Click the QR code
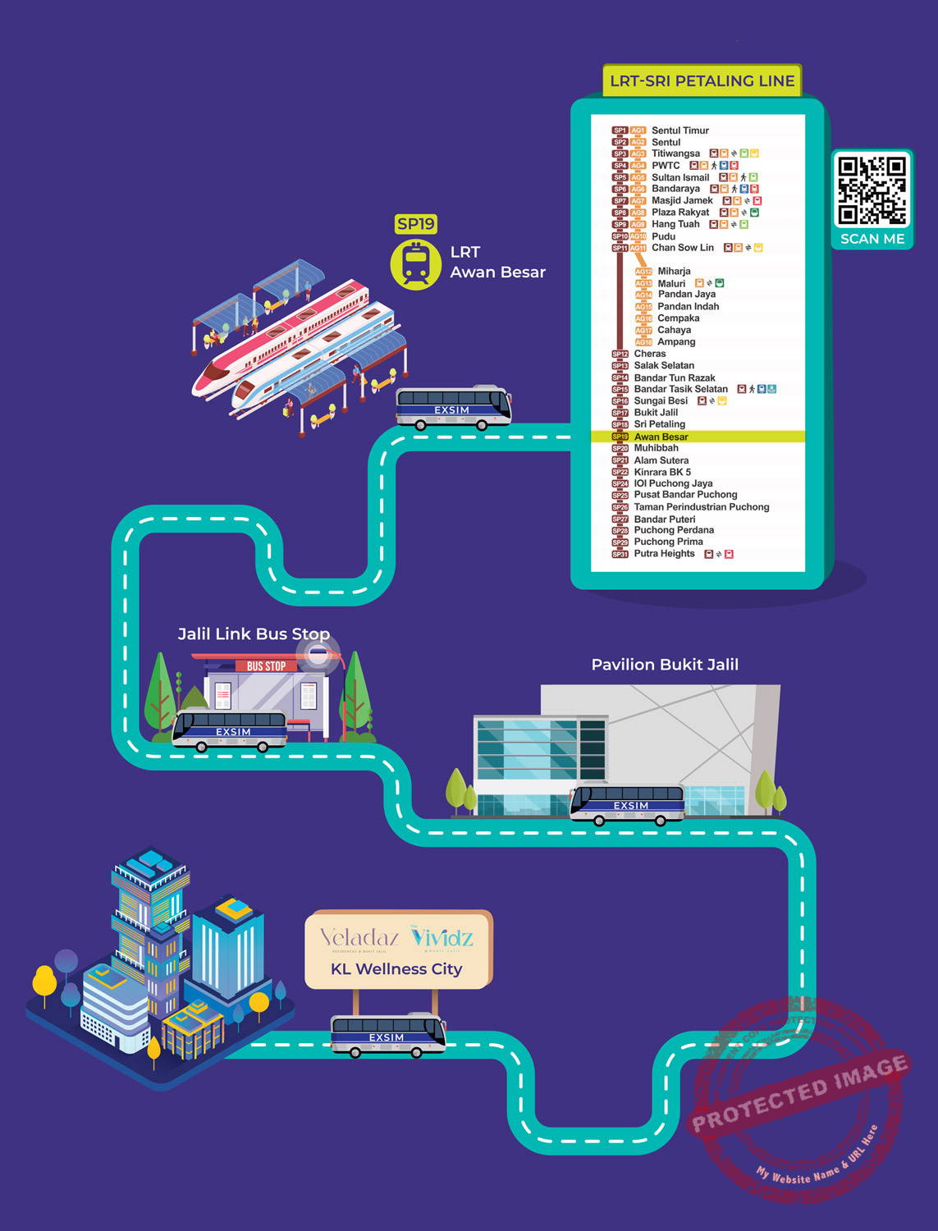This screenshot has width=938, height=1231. tap(872, 190)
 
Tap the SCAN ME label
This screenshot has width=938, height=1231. tap(872, 239)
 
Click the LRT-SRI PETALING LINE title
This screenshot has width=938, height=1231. tap(702, 81)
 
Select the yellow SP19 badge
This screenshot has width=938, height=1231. tap(416, 224)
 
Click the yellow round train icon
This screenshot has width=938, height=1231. tap(416, 264)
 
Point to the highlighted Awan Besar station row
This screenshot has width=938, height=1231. tap(661, 437)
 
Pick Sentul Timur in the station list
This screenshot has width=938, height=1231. tap(679, 130)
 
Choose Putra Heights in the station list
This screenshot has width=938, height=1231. tap(664, 554)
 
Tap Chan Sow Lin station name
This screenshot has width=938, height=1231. tap(682, 248)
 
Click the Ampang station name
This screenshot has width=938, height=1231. tap(675, 342)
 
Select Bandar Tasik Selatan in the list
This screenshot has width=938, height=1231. tap(680, 389)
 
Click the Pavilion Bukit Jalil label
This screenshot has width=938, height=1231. tap(665, 665)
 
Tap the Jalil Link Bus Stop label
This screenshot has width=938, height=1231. tap(254, 634)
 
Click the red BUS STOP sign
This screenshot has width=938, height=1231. tap(266, 666)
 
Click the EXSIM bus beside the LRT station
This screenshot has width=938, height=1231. tap(453, 406)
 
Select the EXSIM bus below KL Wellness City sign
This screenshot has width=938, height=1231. tap(387, 1034)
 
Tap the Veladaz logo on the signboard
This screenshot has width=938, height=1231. tap(359, 937)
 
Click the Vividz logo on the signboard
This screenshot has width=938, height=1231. tap(442, 937)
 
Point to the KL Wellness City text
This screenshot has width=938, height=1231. tap(396, 969)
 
